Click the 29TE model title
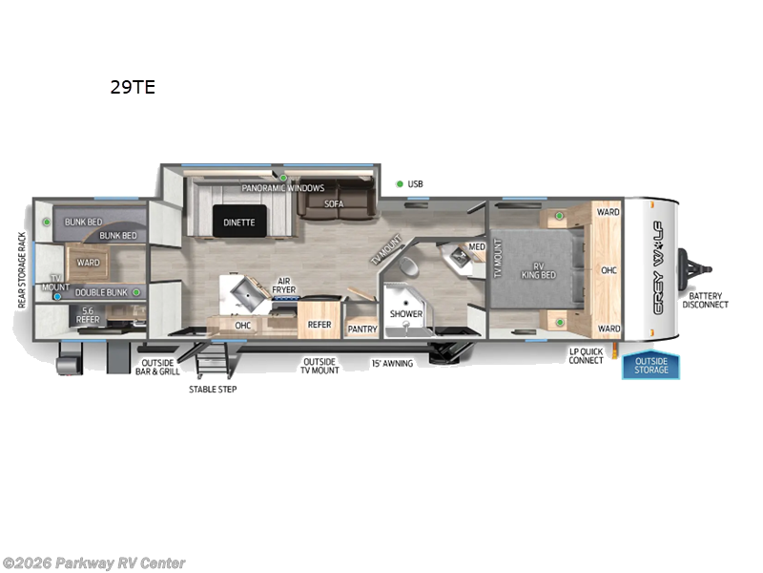pos(132,88)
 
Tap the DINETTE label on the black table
pos(239,223)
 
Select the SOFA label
pos(333,203)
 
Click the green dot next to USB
pos(399,183)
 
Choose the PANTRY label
pos(362,329)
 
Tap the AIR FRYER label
pos(283,284)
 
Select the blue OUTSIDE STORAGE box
pos(651,365)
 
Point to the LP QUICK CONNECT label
pos(586,355)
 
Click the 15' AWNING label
pos(392,363)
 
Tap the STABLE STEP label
pos(214,389)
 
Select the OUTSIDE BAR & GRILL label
pos(160,367)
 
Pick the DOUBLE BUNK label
pos(102,292)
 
